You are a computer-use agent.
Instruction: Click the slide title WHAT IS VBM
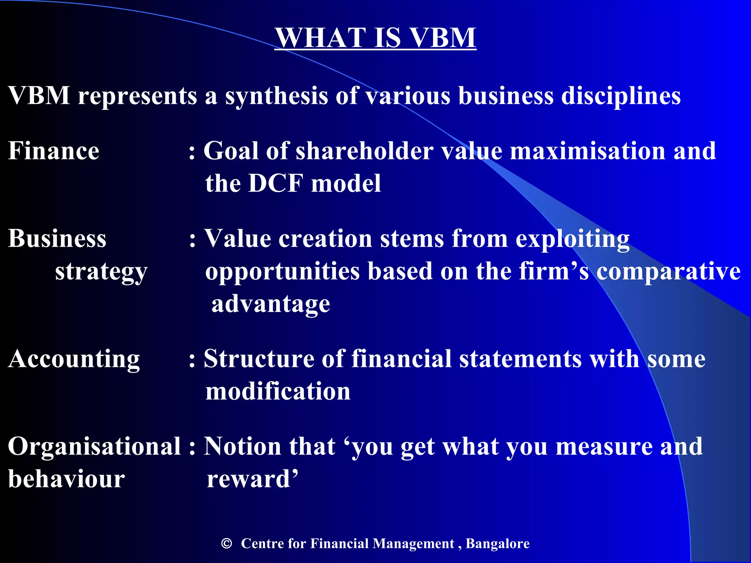coord(375,38)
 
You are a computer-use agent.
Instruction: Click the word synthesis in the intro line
coord(276,96)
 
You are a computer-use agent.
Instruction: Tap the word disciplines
coord(620,96)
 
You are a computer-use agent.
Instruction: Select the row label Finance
coord(54,151)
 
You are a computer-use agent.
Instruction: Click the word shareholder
coord(364,151)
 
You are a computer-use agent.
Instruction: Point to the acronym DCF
coord(276,183)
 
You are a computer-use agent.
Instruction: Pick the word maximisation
coord(587,151)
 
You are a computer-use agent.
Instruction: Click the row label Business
coord(57,239)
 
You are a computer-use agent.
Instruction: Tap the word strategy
coord(101,272)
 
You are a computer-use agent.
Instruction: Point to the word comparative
coord(668,272)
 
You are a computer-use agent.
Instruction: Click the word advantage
coord(271,304)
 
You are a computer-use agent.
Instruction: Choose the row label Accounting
coord(74,359)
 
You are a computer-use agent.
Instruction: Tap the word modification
coord(278,391)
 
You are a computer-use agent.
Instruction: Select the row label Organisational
coord(94,447)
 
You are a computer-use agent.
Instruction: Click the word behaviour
coord(66,479)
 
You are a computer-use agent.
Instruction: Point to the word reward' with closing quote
coord(252,479)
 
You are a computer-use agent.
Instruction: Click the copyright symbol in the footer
coord(227,543)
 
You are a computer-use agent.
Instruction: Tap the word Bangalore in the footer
coord(497,543)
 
